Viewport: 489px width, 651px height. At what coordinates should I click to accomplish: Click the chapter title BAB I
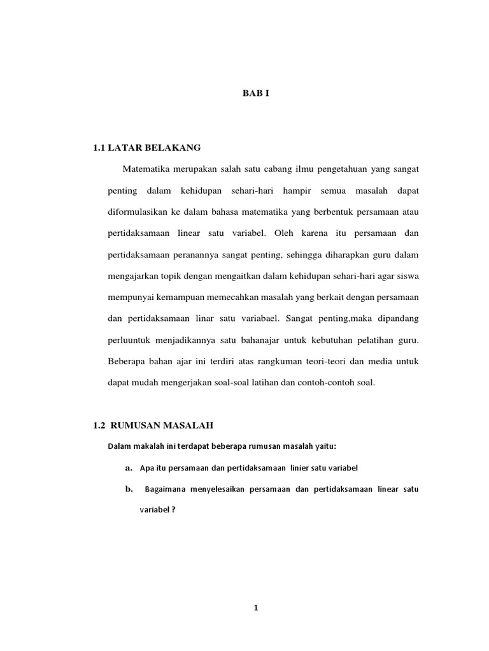[257, 93]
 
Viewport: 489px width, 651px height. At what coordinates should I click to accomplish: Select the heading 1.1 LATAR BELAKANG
[147, 148]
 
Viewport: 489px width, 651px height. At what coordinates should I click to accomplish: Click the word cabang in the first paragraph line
[271, 170]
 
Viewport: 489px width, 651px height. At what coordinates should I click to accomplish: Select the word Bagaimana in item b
[167, 490]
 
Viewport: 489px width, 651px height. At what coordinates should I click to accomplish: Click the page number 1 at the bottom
[256, 608]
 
